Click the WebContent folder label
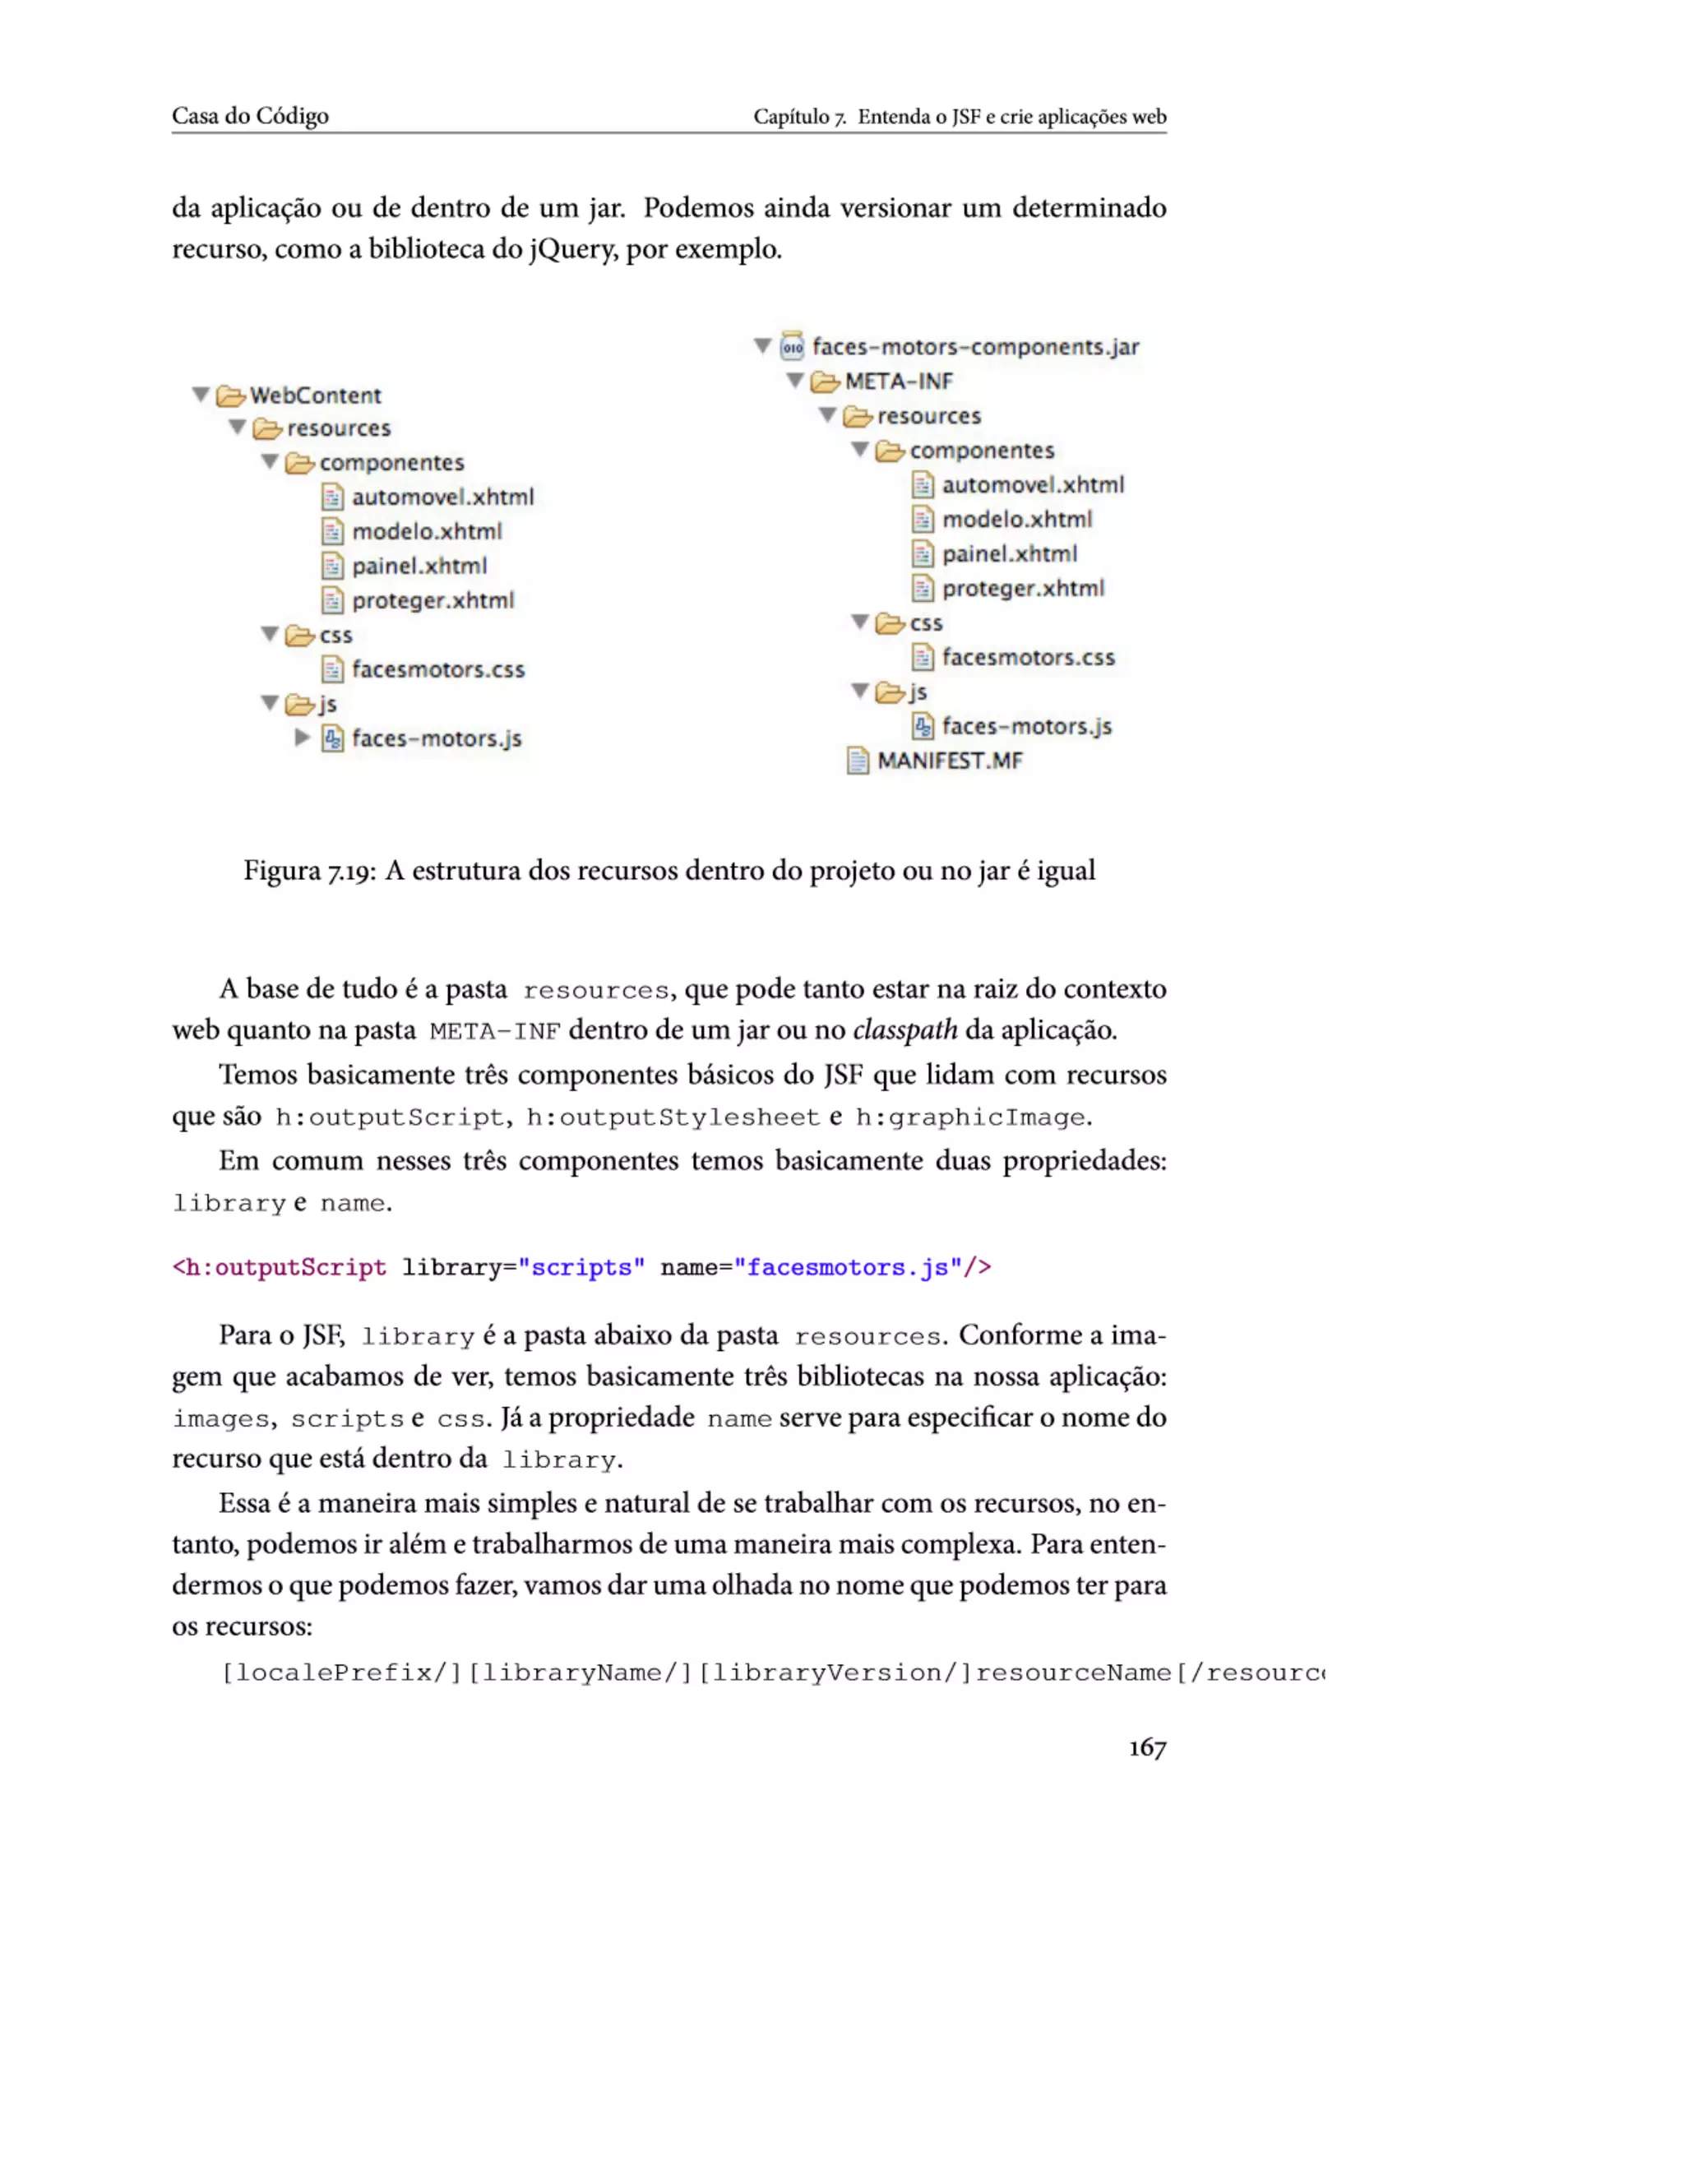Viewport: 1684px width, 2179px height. tap(315, 395)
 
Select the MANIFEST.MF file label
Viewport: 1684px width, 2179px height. tap(950, 761)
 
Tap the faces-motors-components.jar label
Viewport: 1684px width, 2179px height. tap(974, 346)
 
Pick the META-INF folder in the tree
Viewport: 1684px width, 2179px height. tap(898, 382)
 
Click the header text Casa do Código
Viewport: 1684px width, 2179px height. tap(249, 116)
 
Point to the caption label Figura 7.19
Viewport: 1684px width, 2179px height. tap(309, 870)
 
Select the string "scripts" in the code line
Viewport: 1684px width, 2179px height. tap(581, 1267)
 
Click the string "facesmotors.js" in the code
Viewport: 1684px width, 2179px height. tap(848, 1267)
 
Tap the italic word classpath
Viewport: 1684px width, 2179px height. tap(904, 1029)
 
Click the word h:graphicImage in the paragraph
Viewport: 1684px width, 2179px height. tap(969, 1117)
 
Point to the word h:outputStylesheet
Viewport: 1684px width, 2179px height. tap(673, 1117)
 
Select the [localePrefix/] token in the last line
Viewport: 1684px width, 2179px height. tap(341, 1672)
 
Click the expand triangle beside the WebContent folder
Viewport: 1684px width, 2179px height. tap(201, 395)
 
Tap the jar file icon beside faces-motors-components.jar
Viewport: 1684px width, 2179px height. tap(792, 346)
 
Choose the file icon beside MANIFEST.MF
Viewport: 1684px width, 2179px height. tap(857, 761)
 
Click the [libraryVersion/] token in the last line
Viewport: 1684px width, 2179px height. tap(834, 1672)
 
